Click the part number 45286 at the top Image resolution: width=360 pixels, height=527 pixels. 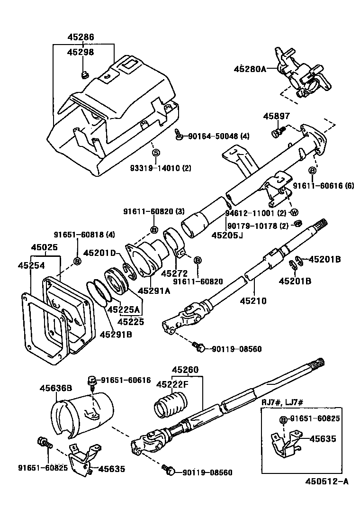81,36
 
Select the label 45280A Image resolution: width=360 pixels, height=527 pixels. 249,69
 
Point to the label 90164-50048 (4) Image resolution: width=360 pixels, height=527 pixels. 219,136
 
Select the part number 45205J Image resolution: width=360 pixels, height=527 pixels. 227,235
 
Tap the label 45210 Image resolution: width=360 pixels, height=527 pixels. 253,300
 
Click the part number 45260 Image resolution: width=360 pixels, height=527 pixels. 185,370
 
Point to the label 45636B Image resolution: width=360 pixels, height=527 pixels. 55,388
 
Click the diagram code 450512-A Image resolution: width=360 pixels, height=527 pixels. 326,482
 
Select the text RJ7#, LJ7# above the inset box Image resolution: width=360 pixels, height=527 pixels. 282,402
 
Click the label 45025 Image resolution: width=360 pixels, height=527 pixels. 45,247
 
